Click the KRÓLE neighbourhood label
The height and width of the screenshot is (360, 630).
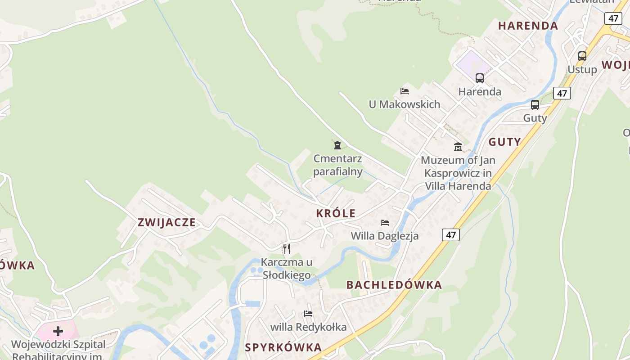(336, 213)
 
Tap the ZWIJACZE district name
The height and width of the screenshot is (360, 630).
(166, 222)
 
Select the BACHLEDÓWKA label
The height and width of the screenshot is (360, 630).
(394, 285)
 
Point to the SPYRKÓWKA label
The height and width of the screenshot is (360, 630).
(283, 347)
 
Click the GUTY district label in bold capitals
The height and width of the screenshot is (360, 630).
(504, 142)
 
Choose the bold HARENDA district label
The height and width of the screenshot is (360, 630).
(528, 26)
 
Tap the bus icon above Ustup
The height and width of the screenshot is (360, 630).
(582, 56)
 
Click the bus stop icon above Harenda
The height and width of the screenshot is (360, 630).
(480, 78)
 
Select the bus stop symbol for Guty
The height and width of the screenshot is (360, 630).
(535, 105)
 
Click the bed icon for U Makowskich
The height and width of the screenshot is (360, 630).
(405, 91)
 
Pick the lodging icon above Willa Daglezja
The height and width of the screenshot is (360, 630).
(385, 222)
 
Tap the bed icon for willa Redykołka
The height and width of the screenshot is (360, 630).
(308, 313)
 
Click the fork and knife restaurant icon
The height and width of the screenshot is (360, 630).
(286, 248)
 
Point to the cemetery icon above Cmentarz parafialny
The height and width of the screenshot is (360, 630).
(337, 145)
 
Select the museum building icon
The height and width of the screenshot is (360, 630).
(458, 147)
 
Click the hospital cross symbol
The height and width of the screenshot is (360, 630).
(58, 331)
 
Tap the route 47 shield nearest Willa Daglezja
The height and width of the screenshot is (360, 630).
(450, 234)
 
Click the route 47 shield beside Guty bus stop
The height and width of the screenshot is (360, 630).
(562, 93)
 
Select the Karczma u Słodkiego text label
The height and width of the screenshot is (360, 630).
(286, 269)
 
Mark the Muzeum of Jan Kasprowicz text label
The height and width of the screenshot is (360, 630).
(458, 173)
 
